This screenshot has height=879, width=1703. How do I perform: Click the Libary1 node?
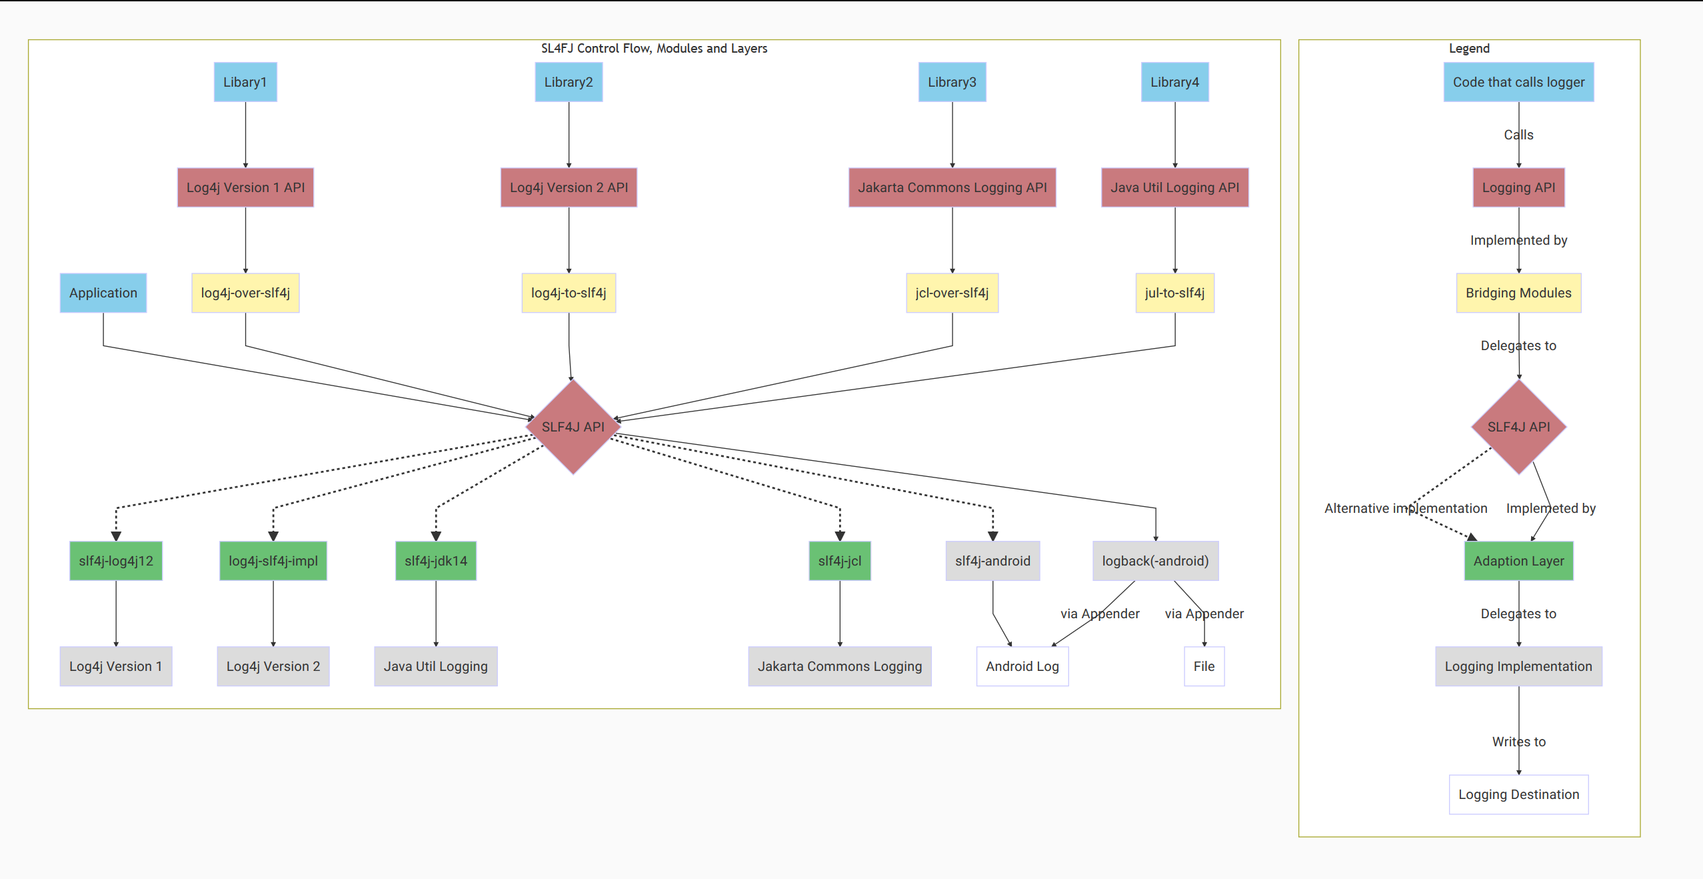(x=245, y=82)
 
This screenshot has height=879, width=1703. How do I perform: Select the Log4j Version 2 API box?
(x=569, y=187)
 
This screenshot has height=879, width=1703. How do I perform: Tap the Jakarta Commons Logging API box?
(x=952, y=187)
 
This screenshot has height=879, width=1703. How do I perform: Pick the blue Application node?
(x=103, y=293)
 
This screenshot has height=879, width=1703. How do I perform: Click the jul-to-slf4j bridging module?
(x=1174, y=293)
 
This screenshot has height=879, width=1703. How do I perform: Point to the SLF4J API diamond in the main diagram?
(x=573, y=427)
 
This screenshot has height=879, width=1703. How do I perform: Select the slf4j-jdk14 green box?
(x=436, y=561)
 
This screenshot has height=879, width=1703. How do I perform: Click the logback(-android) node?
(x=1155, y=561)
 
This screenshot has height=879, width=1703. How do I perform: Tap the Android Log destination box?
(x=1022, y=666)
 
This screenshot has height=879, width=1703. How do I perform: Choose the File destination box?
(x=1204, y=666)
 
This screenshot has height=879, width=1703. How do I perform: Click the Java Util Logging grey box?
(x=436, y=666)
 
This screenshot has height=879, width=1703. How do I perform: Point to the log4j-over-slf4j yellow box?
(x=245, y=293)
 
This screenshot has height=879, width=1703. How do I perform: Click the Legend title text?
(x=1469, y=49)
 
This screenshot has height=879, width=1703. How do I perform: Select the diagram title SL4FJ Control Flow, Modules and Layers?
(x=654, y=49)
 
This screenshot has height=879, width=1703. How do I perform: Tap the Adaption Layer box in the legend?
(x=1518, y=561)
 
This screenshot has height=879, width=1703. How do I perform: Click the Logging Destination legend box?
(x=1518, y=794)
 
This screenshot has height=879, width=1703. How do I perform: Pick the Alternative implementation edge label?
(x=1405, y=508)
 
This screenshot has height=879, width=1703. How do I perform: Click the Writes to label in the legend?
(x=1518, y=742)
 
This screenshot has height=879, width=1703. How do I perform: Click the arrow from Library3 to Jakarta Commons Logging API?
(x=952, y=134)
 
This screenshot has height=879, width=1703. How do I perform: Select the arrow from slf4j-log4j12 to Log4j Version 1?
(x=116, y=613)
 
